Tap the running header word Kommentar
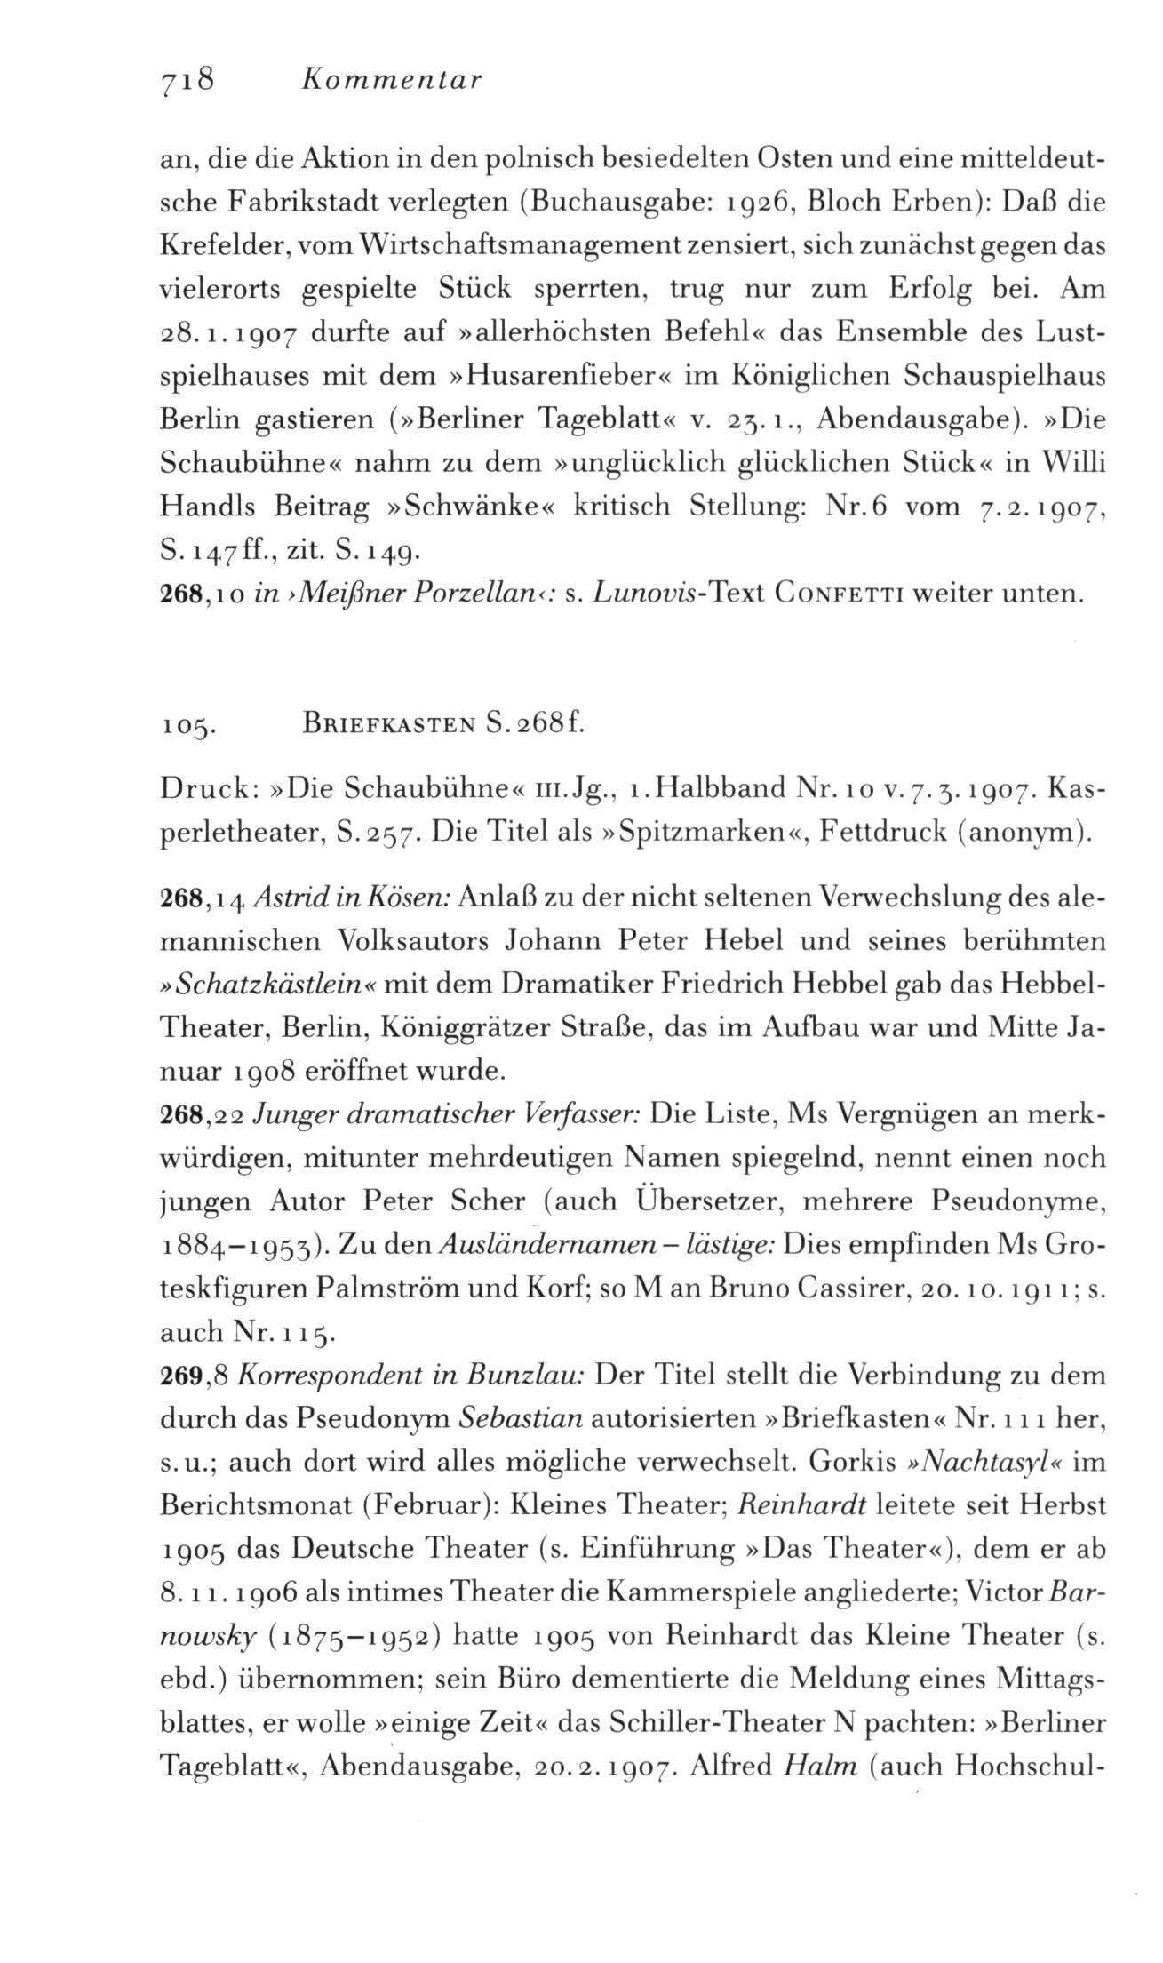pos(392,81)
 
